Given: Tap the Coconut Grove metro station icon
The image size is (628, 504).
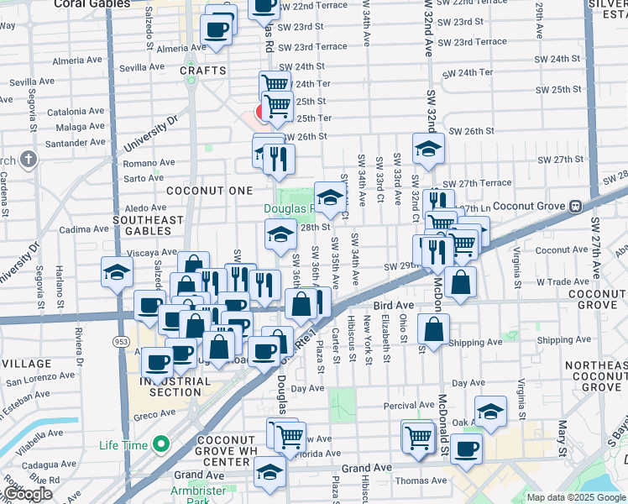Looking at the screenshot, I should coord(575,206).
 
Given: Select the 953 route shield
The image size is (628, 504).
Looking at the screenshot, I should coord(121,342).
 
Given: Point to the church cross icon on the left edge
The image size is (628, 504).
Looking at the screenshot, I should coord(29,160).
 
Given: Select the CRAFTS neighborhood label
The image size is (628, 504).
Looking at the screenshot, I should coord(202,71).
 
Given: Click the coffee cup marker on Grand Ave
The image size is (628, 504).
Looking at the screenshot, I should coord(466,448).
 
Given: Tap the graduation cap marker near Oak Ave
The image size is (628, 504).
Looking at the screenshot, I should coord(490,412).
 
